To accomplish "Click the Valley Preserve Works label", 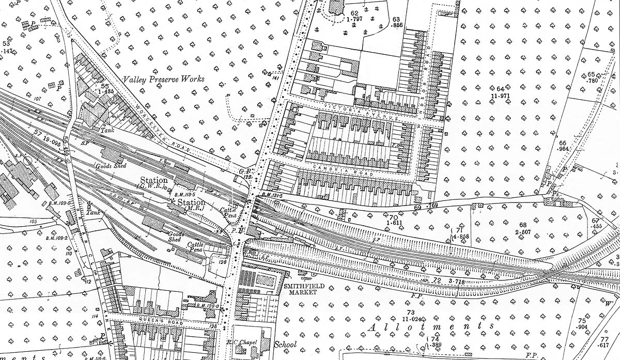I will (x=163, y=79).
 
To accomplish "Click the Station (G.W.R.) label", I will (x=153, y=183).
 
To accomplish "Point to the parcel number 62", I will (x=354, y=13).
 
